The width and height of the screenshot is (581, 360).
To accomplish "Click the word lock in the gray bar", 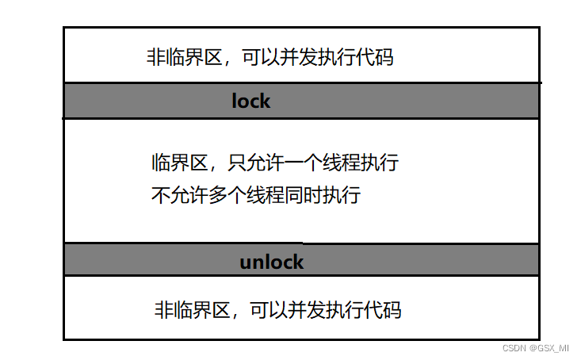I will [250, 101].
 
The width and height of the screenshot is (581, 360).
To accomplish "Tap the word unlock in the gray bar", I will [271, 262].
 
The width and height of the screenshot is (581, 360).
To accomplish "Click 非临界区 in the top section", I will [177, 58].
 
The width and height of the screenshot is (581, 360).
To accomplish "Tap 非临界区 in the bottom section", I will [185, 309].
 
